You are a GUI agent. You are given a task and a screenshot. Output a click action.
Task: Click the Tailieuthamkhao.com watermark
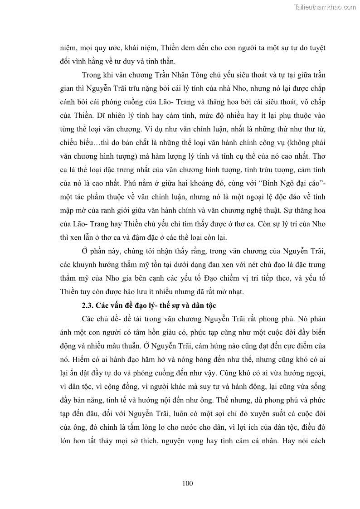(325, 7)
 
